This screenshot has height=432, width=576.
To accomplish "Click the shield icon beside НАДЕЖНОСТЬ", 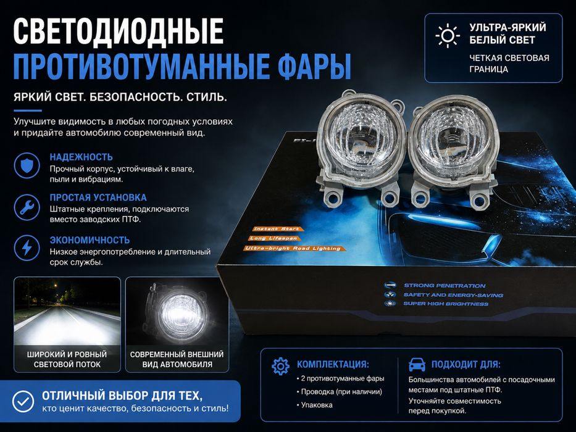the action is pyautogui.click(x=27, y=165).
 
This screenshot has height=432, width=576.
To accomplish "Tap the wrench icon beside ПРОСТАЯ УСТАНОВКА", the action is pyautogui.click(x=27, y=207).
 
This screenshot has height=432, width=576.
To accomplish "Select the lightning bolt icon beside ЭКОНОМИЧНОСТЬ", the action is pyautogui.click(x=27, y=247).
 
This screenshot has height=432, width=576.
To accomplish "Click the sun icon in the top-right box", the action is pyautogui.click(x=448, y=36).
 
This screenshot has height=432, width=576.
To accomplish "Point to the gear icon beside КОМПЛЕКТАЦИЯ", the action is pyautogui.click(x=281, y=366).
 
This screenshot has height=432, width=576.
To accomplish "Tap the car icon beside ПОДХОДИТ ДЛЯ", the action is pyautogui.click(x=417, y=365).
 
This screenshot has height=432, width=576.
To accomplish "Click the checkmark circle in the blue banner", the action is pyautogui.click(x=23, y=401).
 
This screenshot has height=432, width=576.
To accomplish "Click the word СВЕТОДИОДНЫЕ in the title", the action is pyautogui.click(x=119, y=31).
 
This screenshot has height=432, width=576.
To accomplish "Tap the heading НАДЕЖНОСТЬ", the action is pyautogui.click(x=81, y=157).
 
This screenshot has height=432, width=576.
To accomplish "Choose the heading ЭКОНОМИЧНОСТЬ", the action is pyautogui.click(x=90, y=240).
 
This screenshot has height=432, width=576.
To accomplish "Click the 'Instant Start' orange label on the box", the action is pyautogui.click(x=276, y=229).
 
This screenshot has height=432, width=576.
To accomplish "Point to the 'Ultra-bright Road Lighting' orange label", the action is pyautogui.click(x=294, y=249).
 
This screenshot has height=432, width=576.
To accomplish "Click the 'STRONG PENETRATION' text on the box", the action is pyautogui.click(x=445, y=285).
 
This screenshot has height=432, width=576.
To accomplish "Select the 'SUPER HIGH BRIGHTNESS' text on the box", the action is pyautogui.click(x=446, y=304).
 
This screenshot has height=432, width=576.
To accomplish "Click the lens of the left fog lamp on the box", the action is pyautogui.click(x=362, y=139).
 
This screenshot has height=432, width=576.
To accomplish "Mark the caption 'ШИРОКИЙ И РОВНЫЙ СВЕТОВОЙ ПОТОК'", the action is pyautogui.click(x=67, y=359).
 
